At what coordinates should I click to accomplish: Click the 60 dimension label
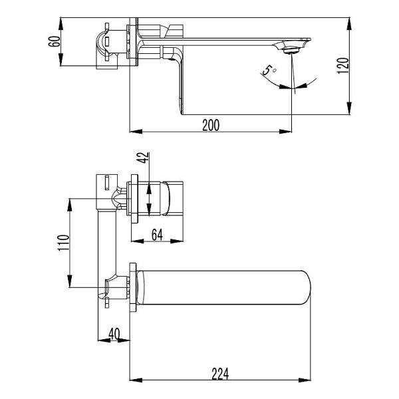tap(55, 41)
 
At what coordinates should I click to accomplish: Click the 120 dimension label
tap(342, 66)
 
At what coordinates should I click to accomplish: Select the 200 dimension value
tap(211, 125)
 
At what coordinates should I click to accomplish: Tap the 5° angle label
tap(269, 69)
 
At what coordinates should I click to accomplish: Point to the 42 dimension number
tap(143, 158)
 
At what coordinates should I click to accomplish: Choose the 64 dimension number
tap(157, 235)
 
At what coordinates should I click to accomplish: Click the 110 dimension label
tap(63, 243)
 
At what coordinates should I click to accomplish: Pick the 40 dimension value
tap(114, 334)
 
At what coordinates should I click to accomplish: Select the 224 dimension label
tap(220, 374)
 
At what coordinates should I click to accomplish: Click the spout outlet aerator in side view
tap(291, 50)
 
